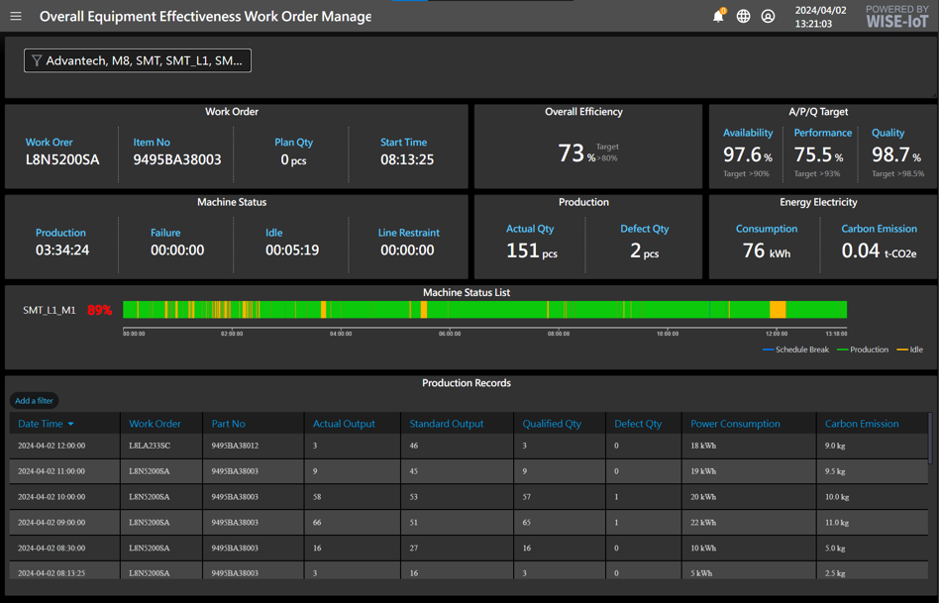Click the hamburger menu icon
[16, 16]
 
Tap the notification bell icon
[718, 16]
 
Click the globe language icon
[743, 16]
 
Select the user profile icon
[768, 16]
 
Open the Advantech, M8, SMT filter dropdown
[138, 60]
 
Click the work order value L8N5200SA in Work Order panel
[62, 159]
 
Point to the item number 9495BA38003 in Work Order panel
[177, 159]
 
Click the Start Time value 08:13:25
[407, 159]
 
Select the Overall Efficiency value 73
[572, 152]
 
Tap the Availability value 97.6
[747, 154]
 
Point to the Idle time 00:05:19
[292, 251]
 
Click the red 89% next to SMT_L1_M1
[99, 310]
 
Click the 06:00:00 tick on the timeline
[450, 334]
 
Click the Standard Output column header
[447, 424]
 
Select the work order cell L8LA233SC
[150, 446]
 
